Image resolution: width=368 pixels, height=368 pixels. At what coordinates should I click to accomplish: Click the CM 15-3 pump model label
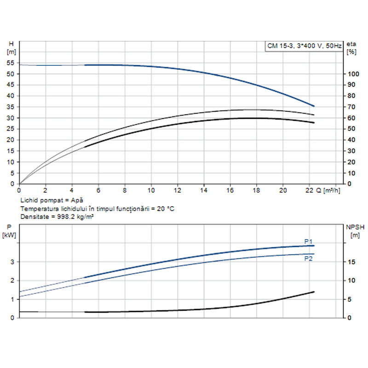[x=305, y=46]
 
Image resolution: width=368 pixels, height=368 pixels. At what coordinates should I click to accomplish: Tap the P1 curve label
[x=308, y=241]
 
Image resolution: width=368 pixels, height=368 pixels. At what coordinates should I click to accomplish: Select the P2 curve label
[x=308, y=259]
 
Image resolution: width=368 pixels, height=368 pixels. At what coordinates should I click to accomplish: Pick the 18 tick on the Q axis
[x=256, y=190]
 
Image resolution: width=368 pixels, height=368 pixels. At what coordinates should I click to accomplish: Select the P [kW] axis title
[x=9, y=231]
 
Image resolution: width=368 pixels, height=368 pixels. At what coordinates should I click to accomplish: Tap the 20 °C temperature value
[x=165, y=208]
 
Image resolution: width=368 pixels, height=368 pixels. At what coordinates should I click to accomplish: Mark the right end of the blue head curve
[x=314, y=106]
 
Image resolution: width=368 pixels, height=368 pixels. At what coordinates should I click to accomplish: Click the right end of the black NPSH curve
[x=314, y=292]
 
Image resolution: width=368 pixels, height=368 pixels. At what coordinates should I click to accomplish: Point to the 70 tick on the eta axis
[x=351, y=107]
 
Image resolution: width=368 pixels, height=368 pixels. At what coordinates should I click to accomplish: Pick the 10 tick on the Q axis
[x=151, y=190]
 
